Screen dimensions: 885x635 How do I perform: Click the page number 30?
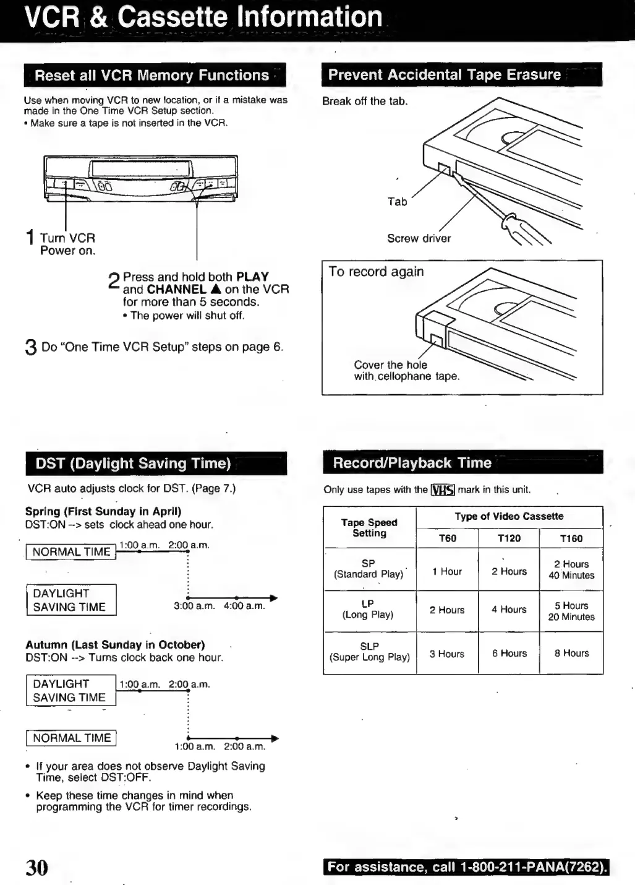tap(36, 867)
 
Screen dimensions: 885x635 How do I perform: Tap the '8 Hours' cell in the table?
tap(571, 653)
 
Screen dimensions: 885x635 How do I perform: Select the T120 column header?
tap(509, 538)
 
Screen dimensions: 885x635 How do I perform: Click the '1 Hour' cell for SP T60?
tap(447, 571)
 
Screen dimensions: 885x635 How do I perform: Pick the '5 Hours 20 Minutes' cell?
tap(571, 611)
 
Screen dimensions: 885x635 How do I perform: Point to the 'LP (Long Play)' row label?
tap(369, 609)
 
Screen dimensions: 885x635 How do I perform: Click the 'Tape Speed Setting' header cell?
tap(369, 527)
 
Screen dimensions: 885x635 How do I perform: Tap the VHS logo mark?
tap(443, 490)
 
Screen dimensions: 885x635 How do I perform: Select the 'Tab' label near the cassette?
tap(397, 201)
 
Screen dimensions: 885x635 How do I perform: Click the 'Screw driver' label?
tap(419, 238)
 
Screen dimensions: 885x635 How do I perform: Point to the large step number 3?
tap(31, 348)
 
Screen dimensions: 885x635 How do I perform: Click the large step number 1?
tap(30, 237)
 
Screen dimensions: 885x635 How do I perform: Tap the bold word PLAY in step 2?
tap(252, 277)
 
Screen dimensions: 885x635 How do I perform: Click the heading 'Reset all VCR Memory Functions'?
tap(152, 76)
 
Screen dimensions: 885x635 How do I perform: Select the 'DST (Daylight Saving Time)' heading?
tap(134, 464)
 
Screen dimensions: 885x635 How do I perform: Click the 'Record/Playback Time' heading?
tap(412, 463)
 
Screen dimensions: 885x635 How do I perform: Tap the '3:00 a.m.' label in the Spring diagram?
tap(194, 606)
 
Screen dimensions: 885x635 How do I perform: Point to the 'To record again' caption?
tap(376, 272)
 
